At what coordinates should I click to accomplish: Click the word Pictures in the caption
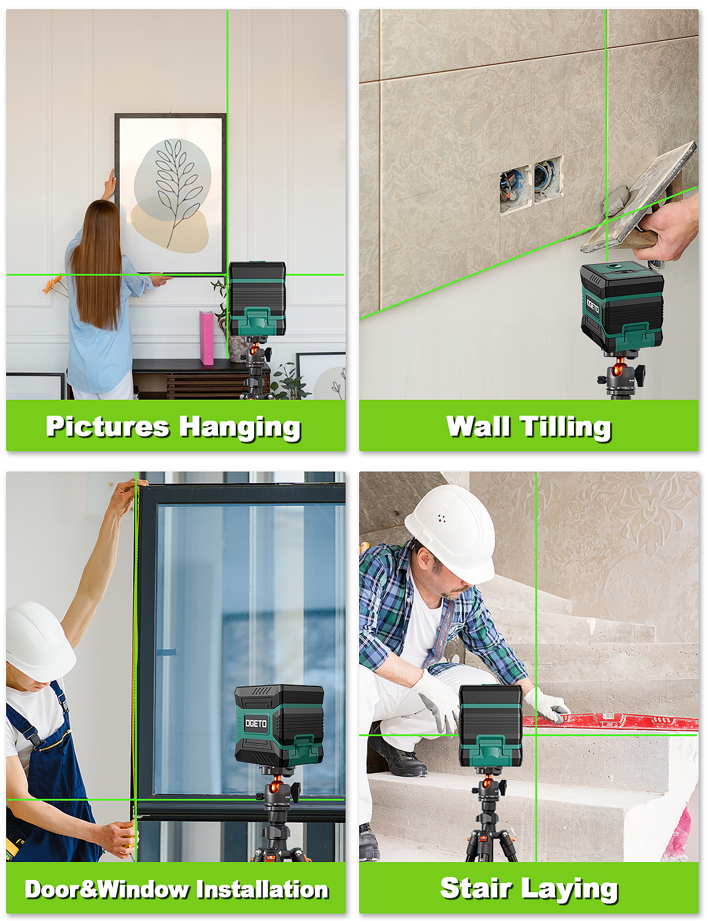107,426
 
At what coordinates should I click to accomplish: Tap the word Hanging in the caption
240,428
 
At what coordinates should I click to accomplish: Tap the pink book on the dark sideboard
206,337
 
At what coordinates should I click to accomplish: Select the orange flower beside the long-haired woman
53,284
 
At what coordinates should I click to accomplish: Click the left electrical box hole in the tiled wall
515,188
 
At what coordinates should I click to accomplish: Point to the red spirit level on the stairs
610,721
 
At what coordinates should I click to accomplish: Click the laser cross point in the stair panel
537,735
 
